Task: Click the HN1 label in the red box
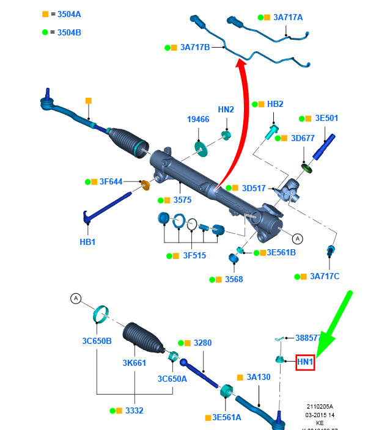305,362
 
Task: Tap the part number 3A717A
289,17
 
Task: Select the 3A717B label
195,46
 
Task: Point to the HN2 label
226,109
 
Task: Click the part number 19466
198,120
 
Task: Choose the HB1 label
88,241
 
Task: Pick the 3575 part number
182,200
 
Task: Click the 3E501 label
326,118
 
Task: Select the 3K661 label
134,363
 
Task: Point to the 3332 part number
134,410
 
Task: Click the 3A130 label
259,377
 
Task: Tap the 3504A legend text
69,14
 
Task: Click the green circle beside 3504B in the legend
45,32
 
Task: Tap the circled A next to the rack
298,239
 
